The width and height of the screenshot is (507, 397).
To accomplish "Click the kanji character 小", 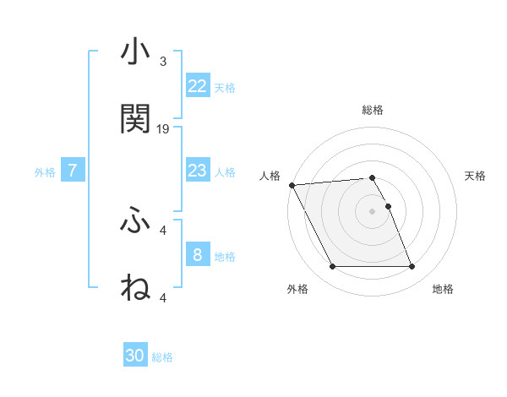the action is pyautogui.click(x=135, y=52).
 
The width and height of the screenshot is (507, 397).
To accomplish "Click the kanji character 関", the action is pyautogui.click(x=135, y=119).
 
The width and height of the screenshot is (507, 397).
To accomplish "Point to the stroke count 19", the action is pyautogui.click(x=163, y=129).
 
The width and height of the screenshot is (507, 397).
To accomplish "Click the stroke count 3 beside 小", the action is pyautogui.click(x=163, y=62).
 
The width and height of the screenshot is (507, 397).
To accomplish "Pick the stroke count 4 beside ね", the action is pyautogui.click(x=163, y=297).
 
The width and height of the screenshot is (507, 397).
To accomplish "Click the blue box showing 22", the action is pyautogui.click(x=197, y=86).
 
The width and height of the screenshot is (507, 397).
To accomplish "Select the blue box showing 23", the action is pyautogui.click(x=197, y=171).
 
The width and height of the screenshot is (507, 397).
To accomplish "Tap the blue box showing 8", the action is pyautogui.click(x=197, y=255).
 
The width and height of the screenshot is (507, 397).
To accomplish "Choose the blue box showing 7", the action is pyautogui.click(x=73, y=171).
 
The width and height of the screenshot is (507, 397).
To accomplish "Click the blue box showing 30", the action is pyautogui.click(x=135, y=356).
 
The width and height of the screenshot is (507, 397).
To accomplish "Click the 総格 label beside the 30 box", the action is pyautogui.click(x=162, y=357).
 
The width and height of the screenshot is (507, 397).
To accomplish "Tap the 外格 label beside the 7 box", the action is pyautogui.click(x=45, y=172).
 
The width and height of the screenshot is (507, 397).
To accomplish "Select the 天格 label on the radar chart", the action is pyautogui.click(x=475, y=176).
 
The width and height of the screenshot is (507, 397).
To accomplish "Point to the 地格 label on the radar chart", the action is pyautogui.click(x=443, y=289).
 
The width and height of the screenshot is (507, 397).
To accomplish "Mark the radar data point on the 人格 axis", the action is pyautogui.click(x=292, y=185).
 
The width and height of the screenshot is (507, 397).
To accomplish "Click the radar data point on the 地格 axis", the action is pyautogui.click(x=412, y=267).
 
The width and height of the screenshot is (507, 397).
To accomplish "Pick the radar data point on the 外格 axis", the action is pyautogui.click(x=332, y=267).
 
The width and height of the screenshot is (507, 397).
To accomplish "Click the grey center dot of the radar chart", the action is pyautogui.click(x=372, y=211).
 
